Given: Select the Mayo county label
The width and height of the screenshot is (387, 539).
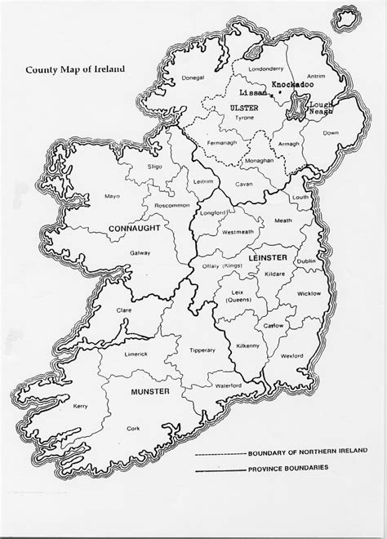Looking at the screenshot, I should pos(112,196).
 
